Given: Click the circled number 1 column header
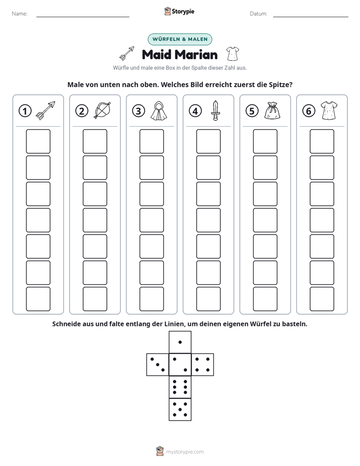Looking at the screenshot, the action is click(25, 111).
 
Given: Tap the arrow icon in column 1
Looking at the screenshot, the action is click(45, 110).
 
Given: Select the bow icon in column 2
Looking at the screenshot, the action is click(102, 110).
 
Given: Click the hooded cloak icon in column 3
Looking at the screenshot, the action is click(159, 110).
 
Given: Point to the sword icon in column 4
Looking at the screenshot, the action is click(215, 110).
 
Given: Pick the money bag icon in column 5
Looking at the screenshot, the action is click(272, 110).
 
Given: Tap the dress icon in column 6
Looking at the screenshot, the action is click(329, 110).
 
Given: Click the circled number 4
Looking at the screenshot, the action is click(195, 111).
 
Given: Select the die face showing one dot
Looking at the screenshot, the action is click(180, 342).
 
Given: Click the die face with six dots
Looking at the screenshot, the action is click(180, 387).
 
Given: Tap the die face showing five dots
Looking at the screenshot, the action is click(180, 409).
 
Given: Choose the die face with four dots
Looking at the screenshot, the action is click(203, 365).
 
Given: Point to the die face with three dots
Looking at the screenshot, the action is click(158, 365).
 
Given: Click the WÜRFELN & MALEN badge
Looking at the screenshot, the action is click(180, 39).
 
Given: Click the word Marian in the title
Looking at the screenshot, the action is click(196, 54).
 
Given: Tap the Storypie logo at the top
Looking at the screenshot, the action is click(179, 11).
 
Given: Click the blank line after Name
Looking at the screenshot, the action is click(83, 17).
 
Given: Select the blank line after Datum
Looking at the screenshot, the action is click(311, 17).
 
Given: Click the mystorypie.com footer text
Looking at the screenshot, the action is click(185, 452).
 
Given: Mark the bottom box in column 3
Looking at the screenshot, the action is click(151, 299).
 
